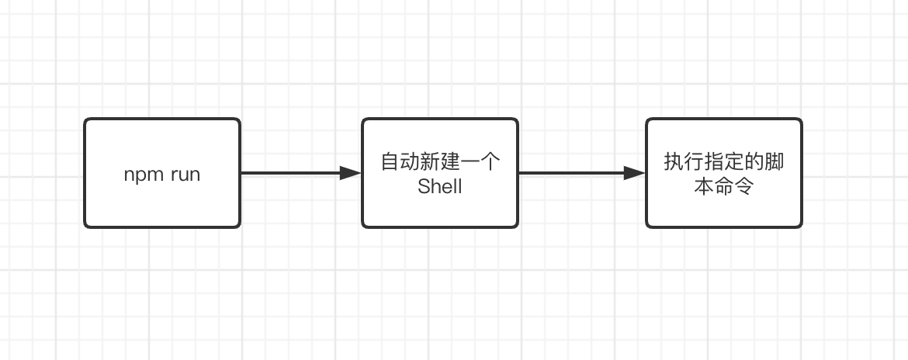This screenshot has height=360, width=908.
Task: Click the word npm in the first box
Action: click(144, 175)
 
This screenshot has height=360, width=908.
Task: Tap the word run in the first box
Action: click(185, 175)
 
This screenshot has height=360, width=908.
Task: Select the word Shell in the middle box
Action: click(439, 186)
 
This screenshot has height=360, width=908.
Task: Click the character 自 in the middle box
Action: click(390, 162)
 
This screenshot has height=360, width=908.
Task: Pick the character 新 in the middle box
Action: click(430, 162)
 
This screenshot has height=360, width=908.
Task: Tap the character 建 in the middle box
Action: click(450, 162)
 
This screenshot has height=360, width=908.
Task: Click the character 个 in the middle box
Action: click(490, 162)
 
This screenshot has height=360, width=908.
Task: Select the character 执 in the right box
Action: click(674, 162)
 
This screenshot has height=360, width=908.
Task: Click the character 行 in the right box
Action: click(694, 162)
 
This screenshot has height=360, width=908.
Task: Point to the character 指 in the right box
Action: click(714, 162)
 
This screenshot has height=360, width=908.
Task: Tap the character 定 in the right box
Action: click(733, 162)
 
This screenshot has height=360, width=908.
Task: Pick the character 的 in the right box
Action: click(754, 162)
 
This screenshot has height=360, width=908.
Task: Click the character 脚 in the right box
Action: click(775, 162)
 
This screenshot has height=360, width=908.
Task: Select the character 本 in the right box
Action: click(704, 186)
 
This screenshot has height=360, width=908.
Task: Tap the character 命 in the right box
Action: click(724, 186)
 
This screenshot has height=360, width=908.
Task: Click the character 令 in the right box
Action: click(743, 186)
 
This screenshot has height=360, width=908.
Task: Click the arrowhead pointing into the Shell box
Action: click(351, 173)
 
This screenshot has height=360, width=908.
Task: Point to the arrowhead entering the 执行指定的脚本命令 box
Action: click(635, 173)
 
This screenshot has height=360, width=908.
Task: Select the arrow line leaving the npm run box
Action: click(301, 173)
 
